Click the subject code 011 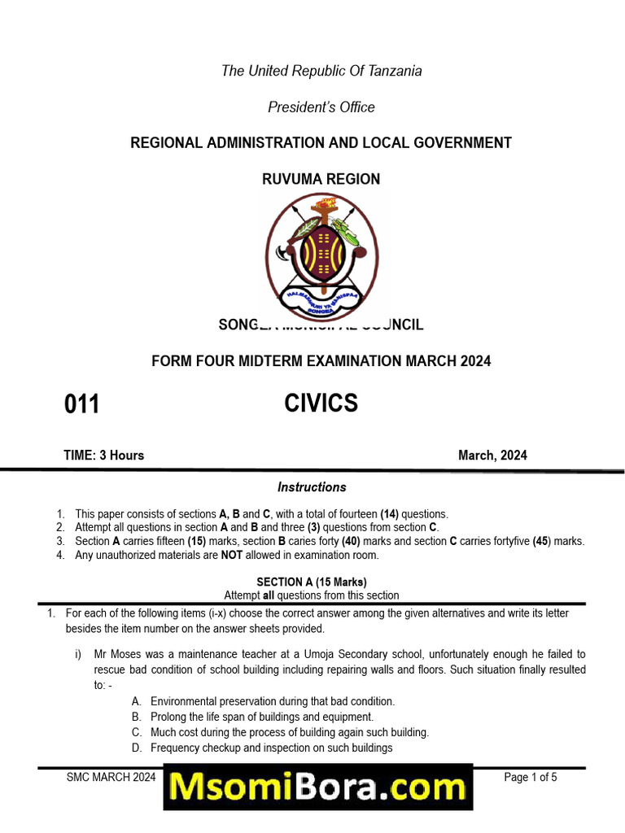(81, 404)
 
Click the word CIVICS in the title (321, 403)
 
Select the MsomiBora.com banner (318, 787)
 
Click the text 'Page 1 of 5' (531, 778)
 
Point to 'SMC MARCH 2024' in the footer (111, 778)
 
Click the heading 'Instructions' (312, 487)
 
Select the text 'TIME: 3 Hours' (104, 456)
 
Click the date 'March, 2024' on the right (492, 456)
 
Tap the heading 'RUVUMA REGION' (321, 179)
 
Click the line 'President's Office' (321, 107)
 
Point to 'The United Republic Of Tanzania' (321, 71)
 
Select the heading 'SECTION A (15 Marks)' (312, 582)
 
